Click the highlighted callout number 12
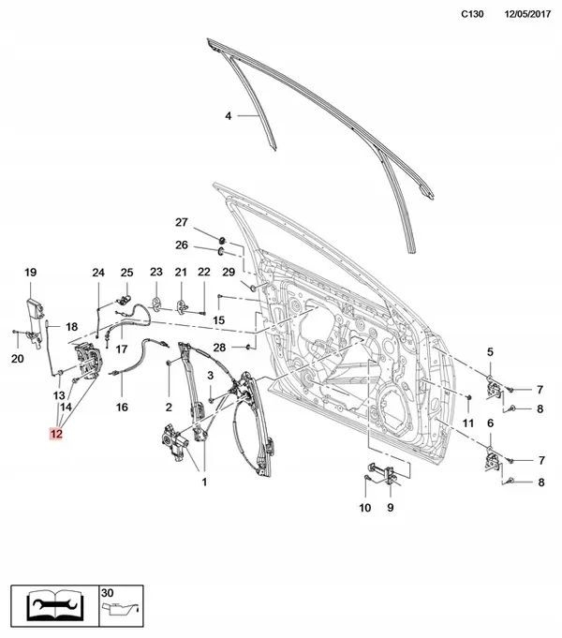(57, 434)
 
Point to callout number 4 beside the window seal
(228, 117)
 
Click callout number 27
(183, 222)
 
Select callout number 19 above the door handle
(30, 273)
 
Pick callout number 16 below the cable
(121, 408)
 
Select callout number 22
(203, 273)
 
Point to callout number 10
(365, 508)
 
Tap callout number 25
(127, 273)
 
